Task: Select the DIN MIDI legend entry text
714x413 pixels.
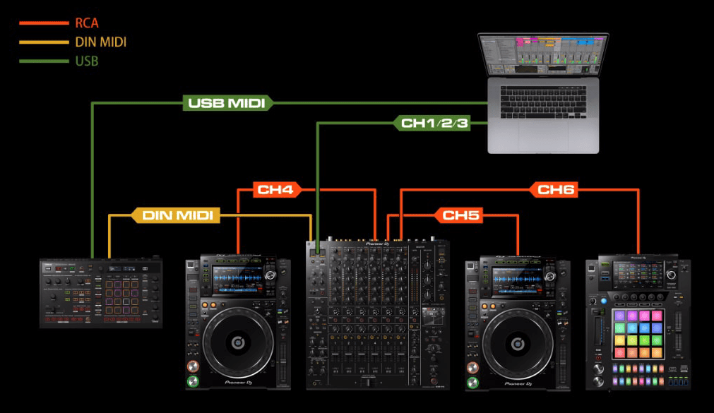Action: pos(100,42)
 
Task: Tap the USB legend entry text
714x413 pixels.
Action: pos(86,61)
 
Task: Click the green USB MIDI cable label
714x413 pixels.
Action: pos(227,103)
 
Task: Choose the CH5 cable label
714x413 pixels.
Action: pos(461,215)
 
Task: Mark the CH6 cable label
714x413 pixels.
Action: pos(557,189)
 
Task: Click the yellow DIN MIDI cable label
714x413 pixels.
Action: pos(177,215)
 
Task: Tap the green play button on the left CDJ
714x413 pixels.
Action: pos(192,383)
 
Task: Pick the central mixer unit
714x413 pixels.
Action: pos(378,314)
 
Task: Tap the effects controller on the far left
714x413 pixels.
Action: pos(100,293)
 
